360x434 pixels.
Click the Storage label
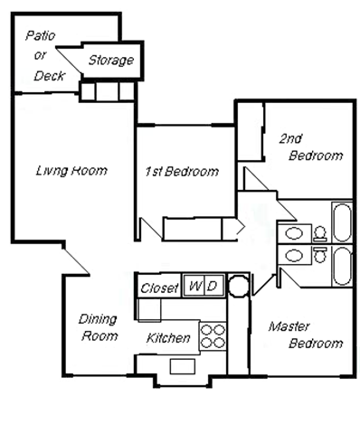[x=111, y=61]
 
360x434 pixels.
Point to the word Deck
[x=49, y=76]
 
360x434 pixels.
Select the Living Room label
[x=71, y=170]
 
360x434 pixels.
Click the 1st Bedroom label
[x=182, y=171]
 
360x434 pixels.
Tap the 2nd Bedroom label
[x=309, y=146]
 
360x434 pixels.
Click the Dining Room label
[x=99, y=327]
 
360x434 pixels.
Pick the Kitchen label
[x=168, y=339]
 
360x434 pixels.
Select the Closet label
[x=158, y=288]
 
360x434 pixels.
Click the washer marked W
[x=194, y=287]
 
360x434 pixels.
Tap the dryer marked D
[x=212, y=287]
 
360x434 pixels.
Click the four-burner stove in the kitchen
[x=212, y=335]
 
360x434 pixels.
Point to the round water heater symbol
[x=237, y=288]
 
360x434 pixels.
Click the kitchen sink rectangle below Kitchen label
[x=178, y=365]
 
